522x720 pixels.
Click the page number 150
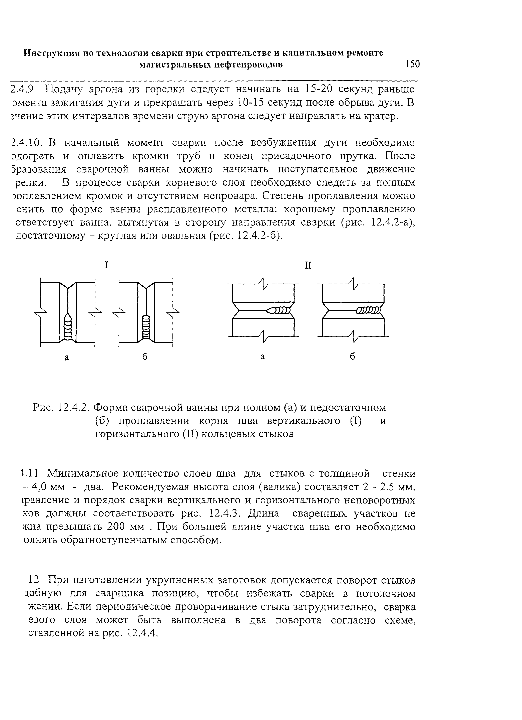412,64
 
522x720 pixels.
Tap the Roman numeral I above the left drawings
107,265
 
